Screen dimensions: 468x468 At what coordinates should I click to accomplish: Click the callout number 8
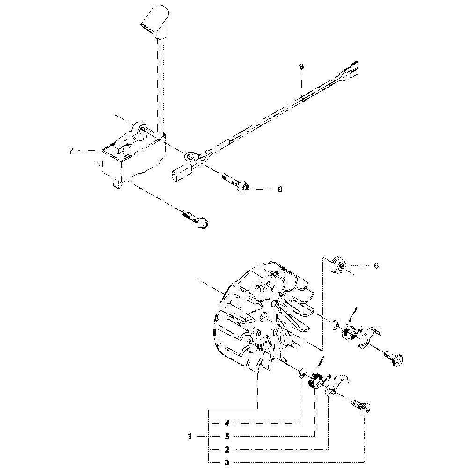301,66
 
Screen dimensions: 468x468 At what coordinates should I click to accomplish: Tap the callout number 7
71,151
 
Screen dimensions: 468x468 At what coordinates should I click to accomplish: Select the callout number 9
279,190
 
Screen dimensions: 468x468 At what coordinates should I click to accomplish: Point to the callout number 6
376,266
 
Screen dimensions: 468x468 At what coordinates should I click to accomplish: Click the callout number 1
190,437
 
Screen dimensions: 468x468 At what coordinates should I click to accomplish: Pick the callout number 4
227,423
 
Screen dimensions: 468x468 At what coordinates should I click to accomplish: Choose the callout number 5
227,437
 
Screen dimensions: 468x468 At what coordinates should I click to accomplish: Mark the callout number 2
227,450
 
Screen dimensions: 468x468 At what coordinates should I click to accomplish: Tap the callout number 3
227,463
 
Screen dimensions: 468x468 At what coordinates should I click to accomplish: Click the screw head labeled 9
243,187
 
